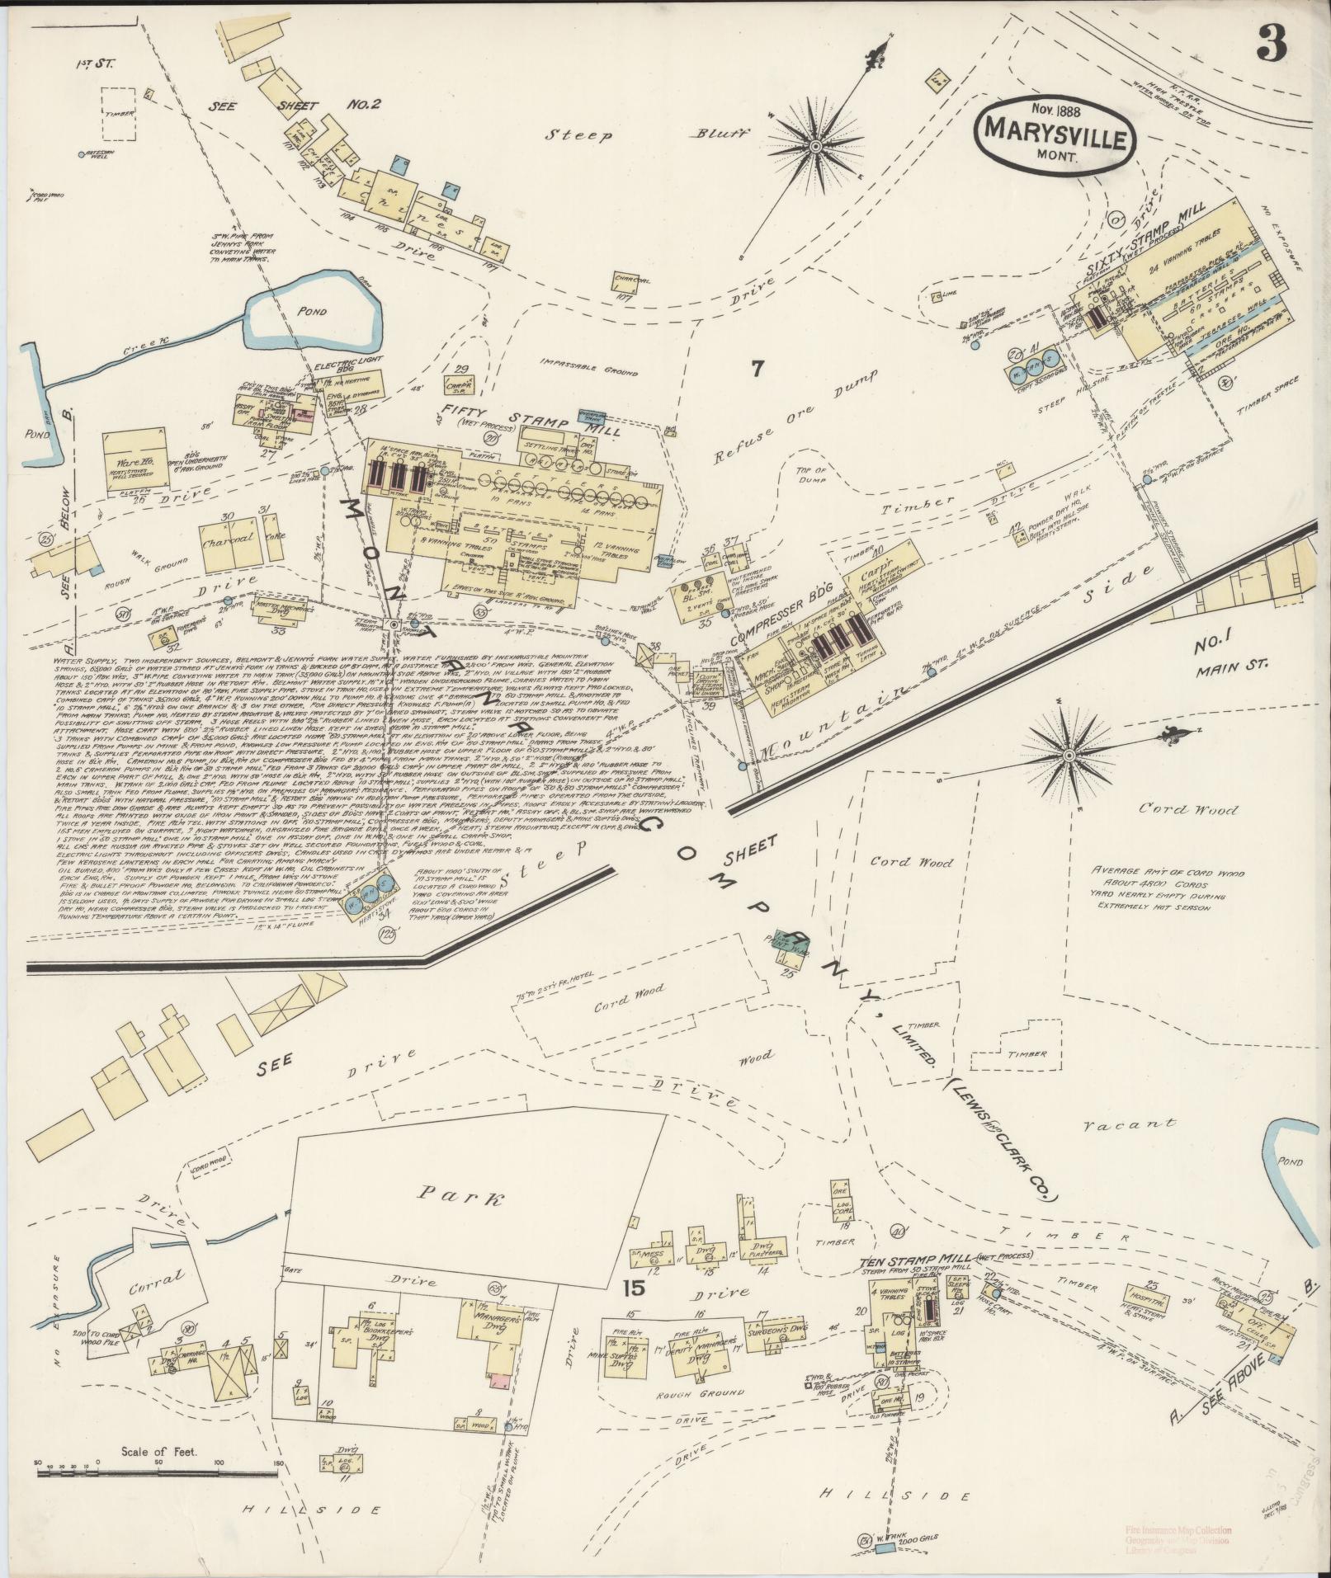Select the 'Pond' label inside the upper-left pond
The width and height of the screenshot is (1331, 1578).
[x=313, y=313]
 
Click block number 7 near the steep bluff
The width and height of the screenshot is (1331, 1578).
[x=757, y=369]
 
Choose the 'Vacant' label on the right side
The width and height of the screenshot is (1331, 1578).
[x=1130, y=1123]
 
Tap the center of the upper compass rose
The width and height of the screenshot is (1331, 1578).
[x=815, y=147]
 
